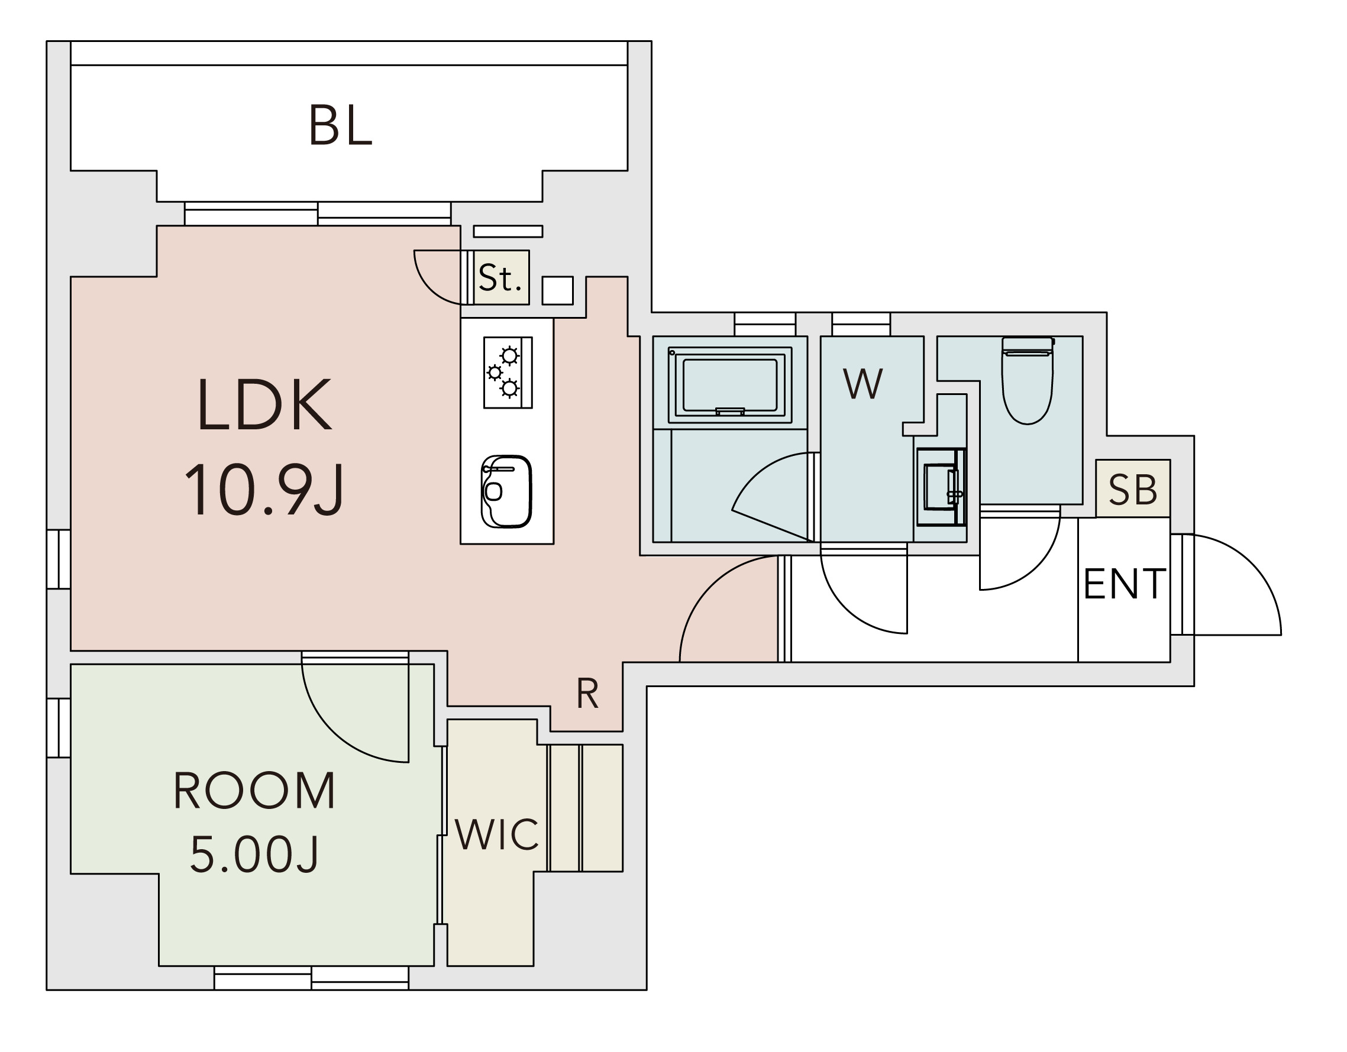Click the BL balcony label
tap(341, 126)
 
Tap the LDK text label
tap(264, 405)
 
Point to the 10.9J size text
tap(264, 491)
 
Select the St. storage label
tap(500, 278)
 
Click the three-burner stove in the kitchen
tap(508, 373)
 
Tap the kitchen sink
tap(506, 491)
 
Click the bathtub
tap(729, 385)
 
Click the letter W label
tap(863, 384)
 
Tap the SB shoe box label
tap(1132, 490)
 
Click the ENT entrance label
tap(1124, 584)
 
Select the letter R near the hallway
tap(587, 694)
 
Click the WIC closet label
tap(496, 835)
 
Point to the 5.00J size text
tap(254, 854)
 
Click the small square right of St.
tap(557, 290)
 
